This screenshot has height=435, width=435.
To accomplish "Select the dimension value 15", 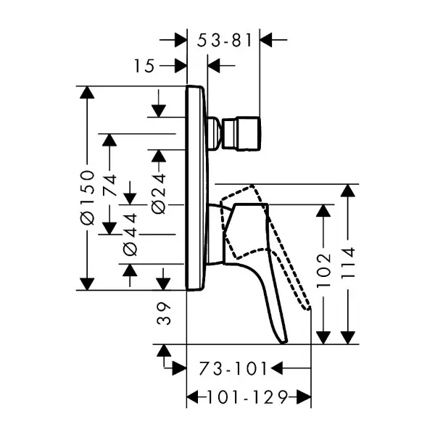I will (x=145, y=67).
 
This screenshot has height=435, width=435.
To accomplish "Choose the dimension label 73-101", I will (x=229, y=368).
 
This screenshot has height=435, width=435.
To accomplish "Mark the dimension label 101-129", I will (x=249, y=397).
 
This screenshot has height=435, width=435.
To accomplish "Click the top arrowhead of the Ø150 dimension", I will (x=87, y=93).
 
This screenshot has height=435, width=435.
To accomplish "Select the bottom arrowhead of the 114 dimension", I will (x=349, y=337).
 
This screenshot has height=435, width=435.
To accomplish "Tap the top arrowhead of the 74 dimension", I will (x=109, y=140).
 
